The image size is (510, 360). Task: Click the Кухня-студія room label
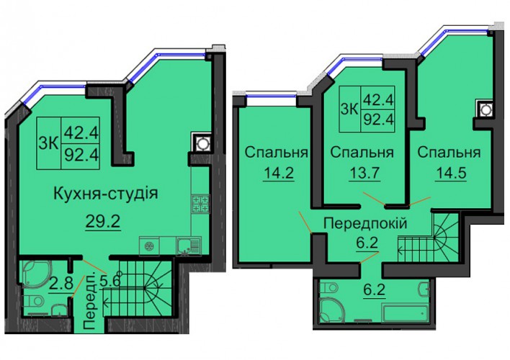(105, 194)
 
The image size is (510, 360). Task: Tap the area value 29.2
(103, 222)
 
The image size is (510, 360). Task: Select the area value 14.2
(279, 172)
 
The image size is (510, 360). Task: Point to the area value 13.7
(364, 172)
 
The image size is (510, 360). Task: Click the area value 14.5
(451, 172)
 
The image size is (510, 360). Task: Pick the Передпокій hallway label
(365, 224)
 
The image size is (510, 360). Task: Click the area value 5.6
(110, 279)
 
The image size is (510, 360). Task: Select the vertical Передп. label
(89, 301)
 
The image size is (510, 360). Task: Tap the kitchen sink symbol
(189, 246)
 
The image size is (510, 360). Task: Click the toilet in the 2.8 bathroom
(33, 301)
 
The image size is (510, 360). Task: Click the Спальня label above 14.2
(277, 152)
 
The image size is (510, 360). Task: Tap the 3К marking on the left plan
(49, 143)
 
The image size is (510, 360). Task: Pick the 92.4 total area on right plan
(379, 120)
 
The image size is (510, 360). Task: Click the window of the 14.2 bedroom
(271, 95)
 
